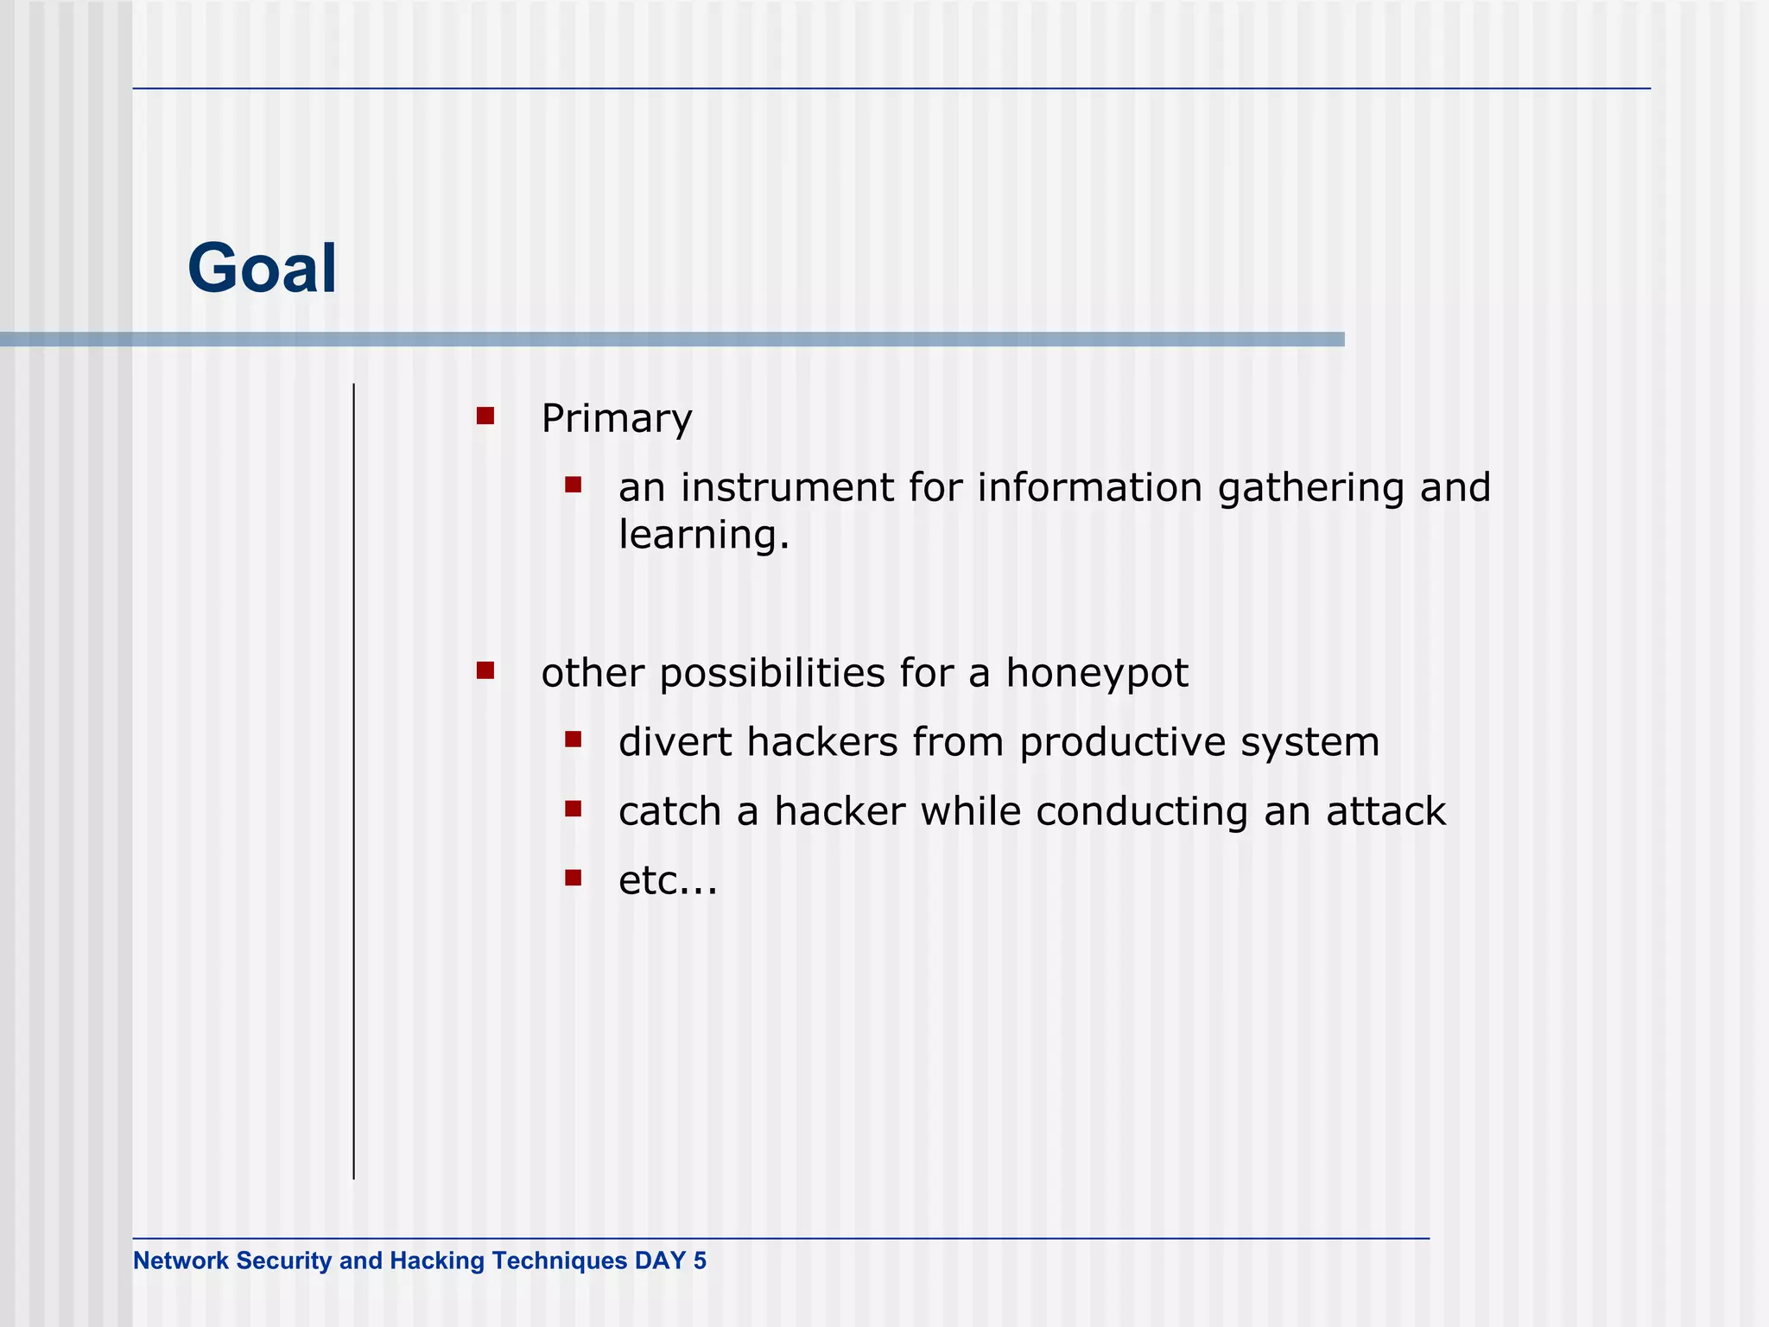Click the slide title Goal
[262, 269]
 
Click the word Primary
[616, 419]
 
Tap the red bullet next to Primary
[485, 416]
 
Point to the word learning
[703, 535]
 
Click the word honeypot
[1096, 674]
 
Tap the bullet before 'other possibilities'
[485, 670]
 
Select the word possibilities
[771, 674]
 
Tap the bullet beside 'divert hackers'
[573, 740]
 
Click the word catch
[669, 811]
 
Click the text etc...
[667, 881]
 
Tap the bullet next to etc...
[573, 878]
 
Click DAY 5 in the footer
[670, 1260]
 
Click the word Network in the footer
[181, 1260]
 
